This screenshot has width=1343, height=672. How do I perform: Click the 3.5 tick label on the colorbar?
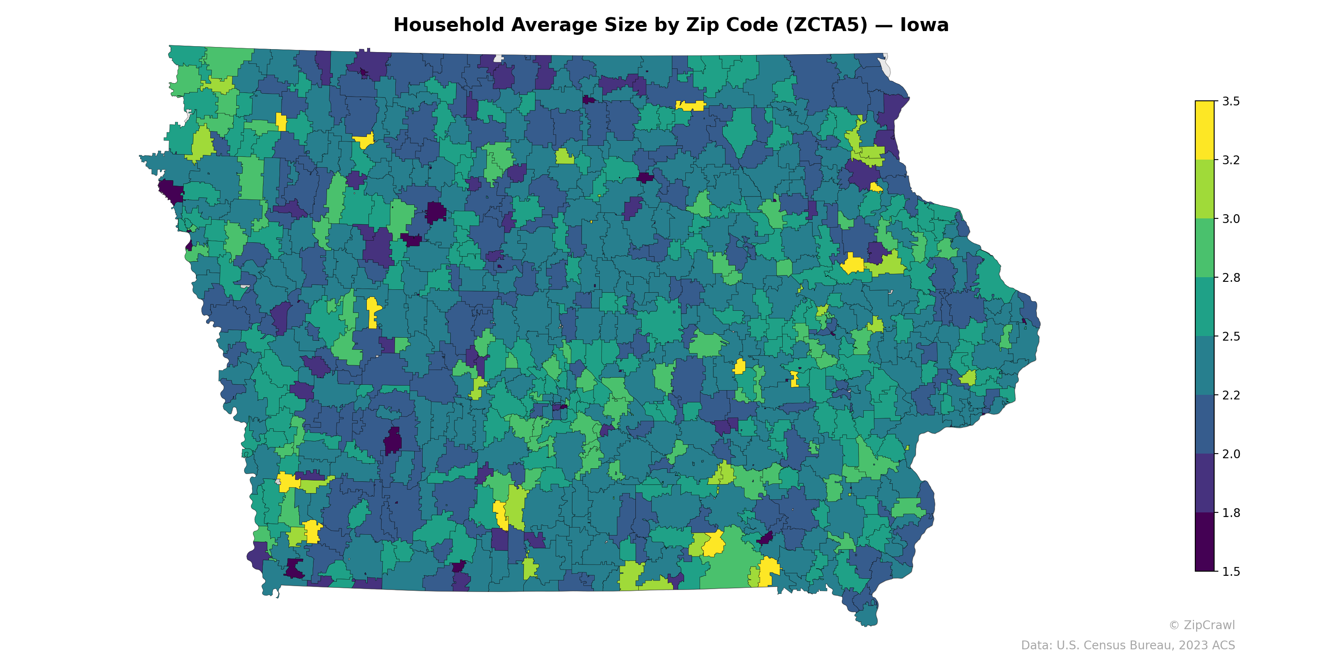point(1231,101)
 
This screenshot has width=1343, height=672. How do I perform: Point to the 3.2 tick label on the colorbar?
point(1231,160)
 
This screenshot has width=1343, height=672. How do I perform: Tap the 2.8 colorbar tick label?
point(1231,278)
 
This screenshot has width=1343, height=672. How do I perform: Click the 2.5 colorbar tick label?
point(1231,336)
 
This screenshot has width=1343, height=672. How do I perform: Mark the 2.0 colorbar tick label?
point(1231,454)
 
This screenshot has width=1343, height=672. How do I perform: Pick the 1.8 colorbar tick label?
point(1231,513)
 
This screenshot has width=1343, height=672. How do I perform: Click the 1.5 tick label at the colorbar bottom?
point(1231,572)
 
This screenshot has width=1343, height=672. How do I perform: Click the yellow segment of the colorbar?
point(1205,131)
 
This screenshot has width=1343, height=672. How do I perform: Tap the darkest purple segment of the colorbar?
point(1205,543)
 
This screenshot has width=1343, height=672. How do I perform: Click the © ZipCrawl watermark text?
point(1202,625)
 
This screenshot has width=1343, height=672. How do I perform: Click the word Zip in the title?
point(701,25)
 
